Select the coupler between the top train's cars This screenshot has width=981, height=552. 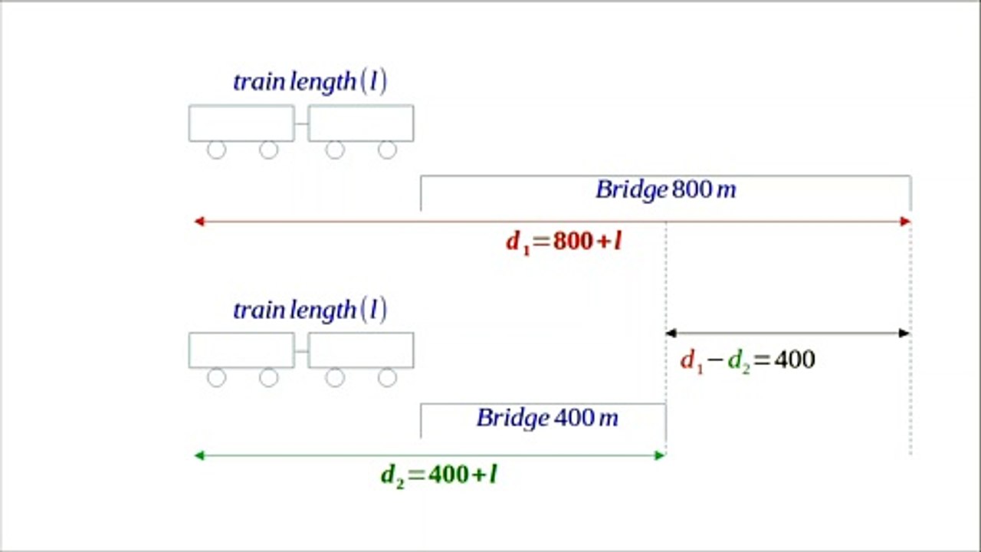(301, 123)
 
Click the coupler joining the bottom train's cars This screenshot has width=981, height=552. (301, 351)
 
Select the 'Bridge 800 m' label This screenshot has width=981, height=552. (666, 190)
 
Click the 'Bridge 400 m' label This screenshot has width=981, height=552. (547, 418)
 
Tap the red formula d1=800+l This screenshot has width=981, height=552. (564, 242)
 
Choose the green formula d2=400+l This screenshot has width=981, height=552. (439, 475)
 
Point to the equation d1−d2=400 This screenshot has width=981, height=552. (747, 360)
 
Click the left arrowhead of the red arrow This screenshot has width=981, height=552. (195, 222)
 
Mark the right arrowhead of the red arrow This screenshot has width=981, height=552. (910, 222)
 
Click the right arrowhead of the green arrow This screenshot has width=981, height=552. (665, 455)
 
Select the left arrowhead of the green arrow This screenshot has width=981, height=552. (195, 455)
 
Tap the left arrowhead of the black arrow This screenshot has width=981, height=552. (666, 333)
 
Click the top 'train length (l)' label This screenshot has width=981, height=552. (310, 82)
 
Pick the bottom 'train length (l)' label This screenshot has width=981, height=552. (310, 310)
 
